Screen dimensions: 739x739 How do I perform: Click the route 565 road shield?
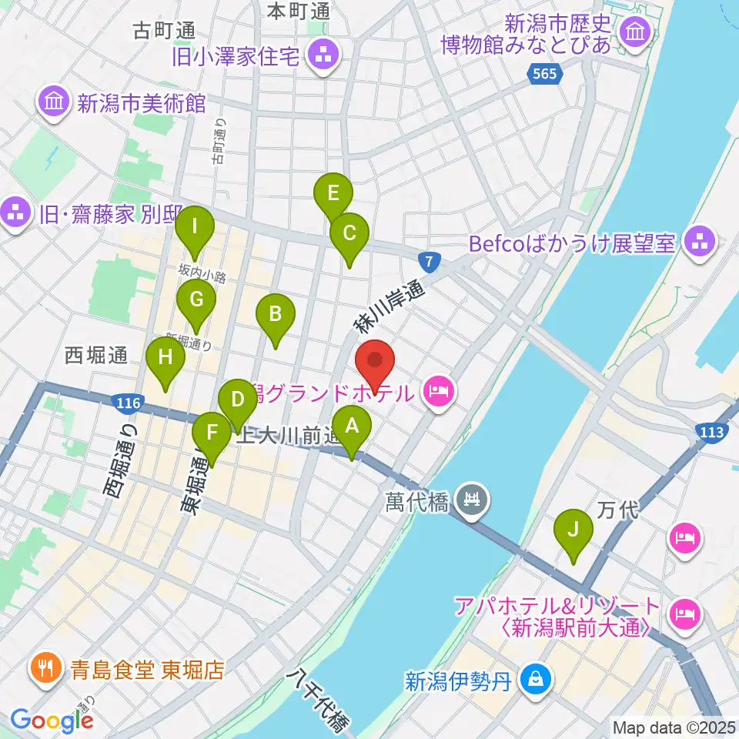tap(546, 75)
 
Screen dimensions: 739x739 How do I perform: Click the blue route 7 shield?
tap(430, 262)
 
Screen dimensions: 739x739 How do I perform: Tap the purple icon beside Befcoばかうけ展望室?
tap(700, 243)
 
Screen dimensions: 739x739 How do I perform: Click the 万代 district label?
tap(614, 510)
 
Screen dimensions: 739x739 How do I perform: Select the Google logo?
tap(52, 720)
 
